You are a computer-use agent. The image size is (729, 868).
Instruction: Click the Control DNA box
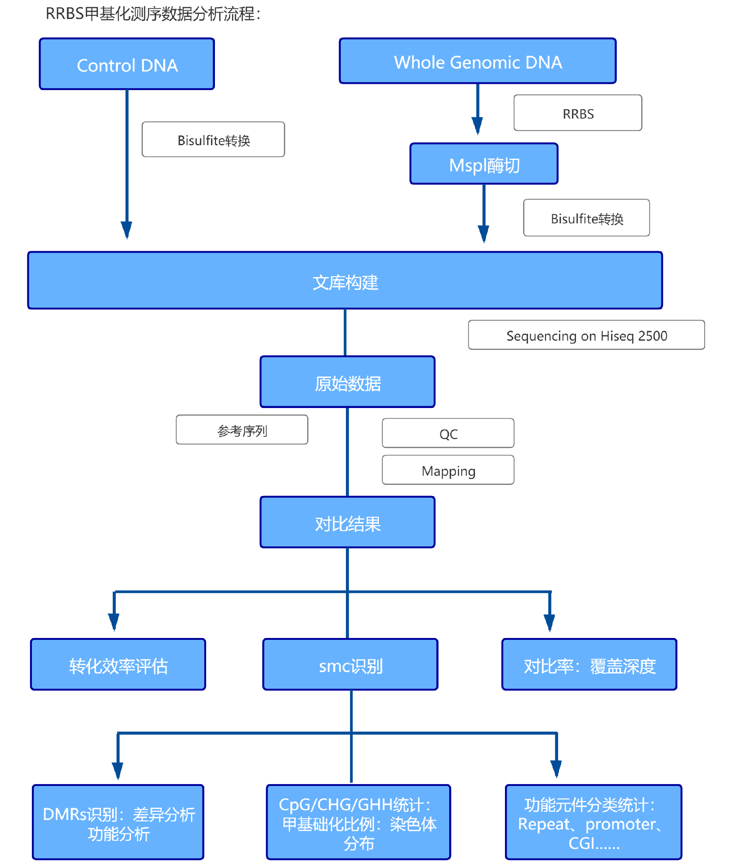tap(127, 64)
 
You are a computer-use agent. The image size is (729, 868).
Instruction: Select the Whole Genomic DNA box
tap(478, 61)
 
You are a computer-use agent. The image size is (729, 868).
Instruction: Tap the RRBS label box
tap(578, 113)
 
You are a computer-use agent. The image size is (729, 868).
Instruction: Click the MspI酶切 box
tap(484, 164)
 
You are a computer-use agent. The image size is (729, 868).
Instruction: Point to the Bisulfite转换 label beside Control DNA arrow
tap(213, 140)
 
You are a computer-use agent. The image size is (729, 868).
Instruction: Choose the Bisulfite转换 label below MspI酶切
tap(586, 218)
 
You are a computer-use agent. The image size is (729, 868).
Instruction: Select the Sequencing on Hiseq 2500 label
tap(586, 335)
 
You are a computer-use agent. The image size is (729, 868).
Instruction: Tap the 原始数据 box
tap(347, 382)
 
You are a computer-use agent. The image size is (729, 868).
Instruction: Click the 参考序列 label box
tap(242, 430)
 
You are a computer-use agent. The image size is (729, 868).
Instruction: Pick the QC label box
tap(448, 433)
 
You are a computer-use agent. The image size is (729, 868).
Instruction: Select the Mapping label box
tap(448, 470)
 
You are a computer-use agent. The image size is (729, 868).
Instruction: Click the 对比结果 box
tap(347, 523)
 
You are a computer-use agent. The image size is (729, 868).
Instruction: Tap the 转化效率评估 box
tap(118, 665)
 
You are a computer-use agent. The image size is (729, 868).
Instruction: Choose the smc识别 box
tap(350, 665)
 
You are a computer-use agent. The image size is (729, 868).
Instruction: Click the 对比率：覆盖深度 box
tap(589, 665)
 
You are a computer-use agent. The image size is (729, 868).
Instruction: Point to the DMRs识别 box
tap(118, 822)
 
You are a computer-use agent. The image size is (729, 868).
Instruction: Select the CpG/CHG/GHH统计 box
tap(358, 822)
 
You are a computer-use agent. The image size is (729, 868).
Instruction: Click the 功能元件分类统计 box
tap(593, 822)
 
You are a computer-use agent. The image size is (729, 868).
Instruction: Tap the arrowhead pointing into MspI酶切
tap(478, 125)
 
